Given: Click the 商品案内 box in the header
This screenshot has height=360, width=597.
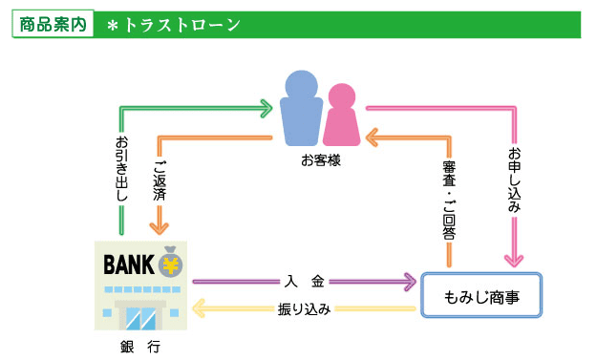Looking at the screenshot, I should coord(53,25).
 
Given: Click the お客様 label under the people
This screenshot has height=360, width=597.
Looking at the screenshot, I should coord(321,160).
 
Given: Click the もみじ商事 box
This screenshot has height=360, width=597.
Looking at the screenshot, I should coord(481,296).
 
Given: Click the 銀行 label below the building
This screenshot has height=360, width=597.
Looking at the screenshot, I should coord(139,346).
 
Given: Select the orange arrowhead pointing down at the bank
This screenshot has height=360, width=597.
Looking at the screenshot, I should coord(159,226).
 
